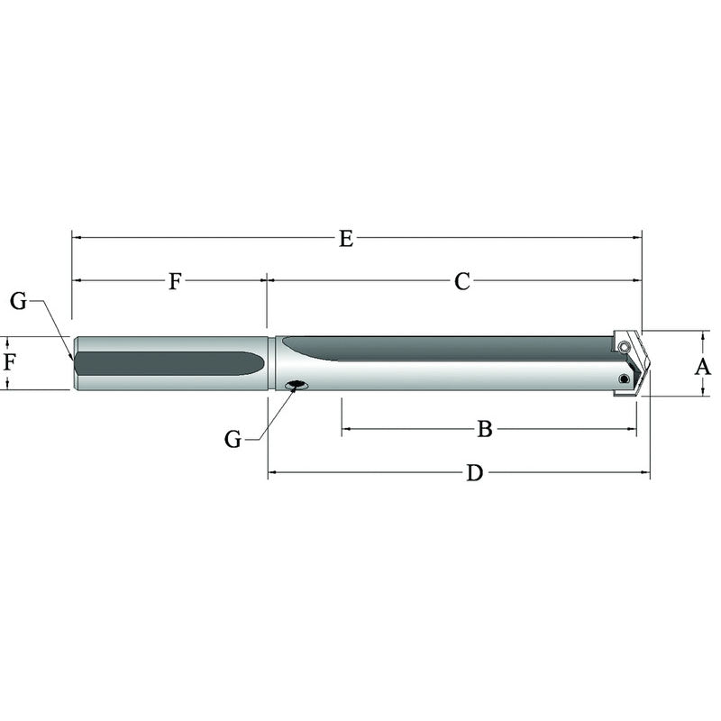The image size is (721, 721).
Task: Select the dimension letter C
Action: pos(461,281)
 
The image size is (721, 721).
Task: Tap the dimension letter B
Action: pos(485,430)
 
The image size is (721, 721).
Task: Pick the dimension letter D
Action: pos(474,473)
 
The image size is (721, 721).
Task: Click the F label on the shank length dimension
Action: pos(175,281)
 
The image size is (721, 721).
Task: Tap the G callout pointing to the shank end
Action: pos(19,301)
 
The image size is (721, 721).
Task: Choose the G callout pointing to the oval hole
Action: pos(233,439)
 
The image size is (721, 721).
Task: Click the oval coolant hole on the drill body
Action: pos(295,386)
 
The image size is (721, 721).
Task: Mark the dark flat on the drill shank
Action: pos(167,362)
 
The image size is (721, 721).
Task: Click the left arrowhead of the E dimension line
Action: pos(77,238)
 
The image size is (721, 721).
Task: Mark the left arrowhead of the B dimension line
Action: pos(346,430)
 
